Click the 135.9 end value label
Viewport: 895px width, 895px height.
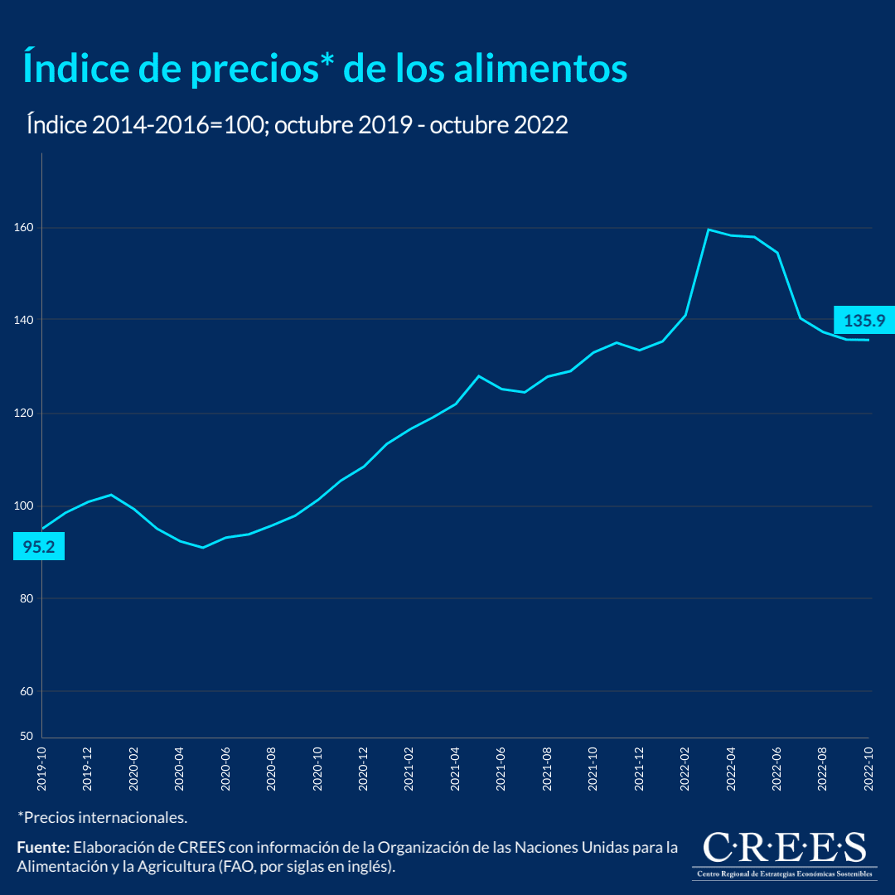pyautogui.click(x=863, y=320)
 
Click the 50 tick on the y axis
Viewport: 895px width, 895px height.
pyautogui.click(x=26, y=736)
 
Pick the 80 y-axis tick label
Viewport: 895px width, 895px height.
pyautogui.click(x=26, y=598)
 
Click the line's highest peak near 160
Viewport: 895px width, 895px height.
pyautogui.click(x=709, y=230)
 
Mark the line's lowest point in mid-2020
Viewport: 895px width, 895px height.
pyautogui.click(x=202, y=547)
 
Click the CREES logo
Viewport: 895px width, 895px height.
pyautogui.click(x=783, y=854)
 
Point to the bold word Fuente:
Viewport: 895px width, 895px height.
pyautogui.click(x=43, y=848)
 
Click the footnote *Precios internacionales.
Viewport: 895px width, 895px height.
pyautogui.click(x=102, y=817)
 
